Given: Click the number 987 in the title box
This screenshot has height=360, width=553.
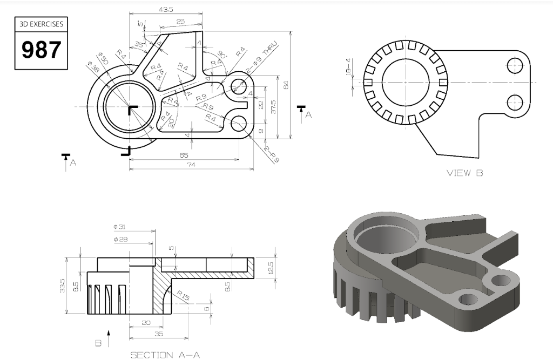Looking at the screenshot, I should [42, 50].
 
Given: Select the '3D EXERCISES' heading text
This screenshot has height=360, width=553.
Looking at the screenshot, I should [42, 24].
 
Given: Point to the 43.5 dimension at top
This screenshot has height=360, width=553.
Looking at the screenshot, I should [166, 10].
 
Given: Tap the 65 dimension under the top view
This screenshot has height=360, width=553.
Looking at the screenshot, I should [184, 155].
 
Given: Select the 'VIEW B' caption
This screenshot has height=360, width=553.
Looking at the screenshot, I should [464, 173].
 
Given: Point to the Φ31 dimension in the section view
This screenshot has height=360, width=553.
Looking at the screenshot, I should [120, 227].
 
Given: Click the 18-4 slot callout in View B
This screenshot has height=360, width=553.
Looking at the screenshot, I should [349, 66].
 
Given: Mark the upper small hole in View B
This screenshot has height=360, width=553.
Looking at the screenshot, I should [515, 66].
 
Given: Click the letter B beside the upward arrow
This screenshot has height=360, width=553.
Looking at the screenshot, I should [98, 343].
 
